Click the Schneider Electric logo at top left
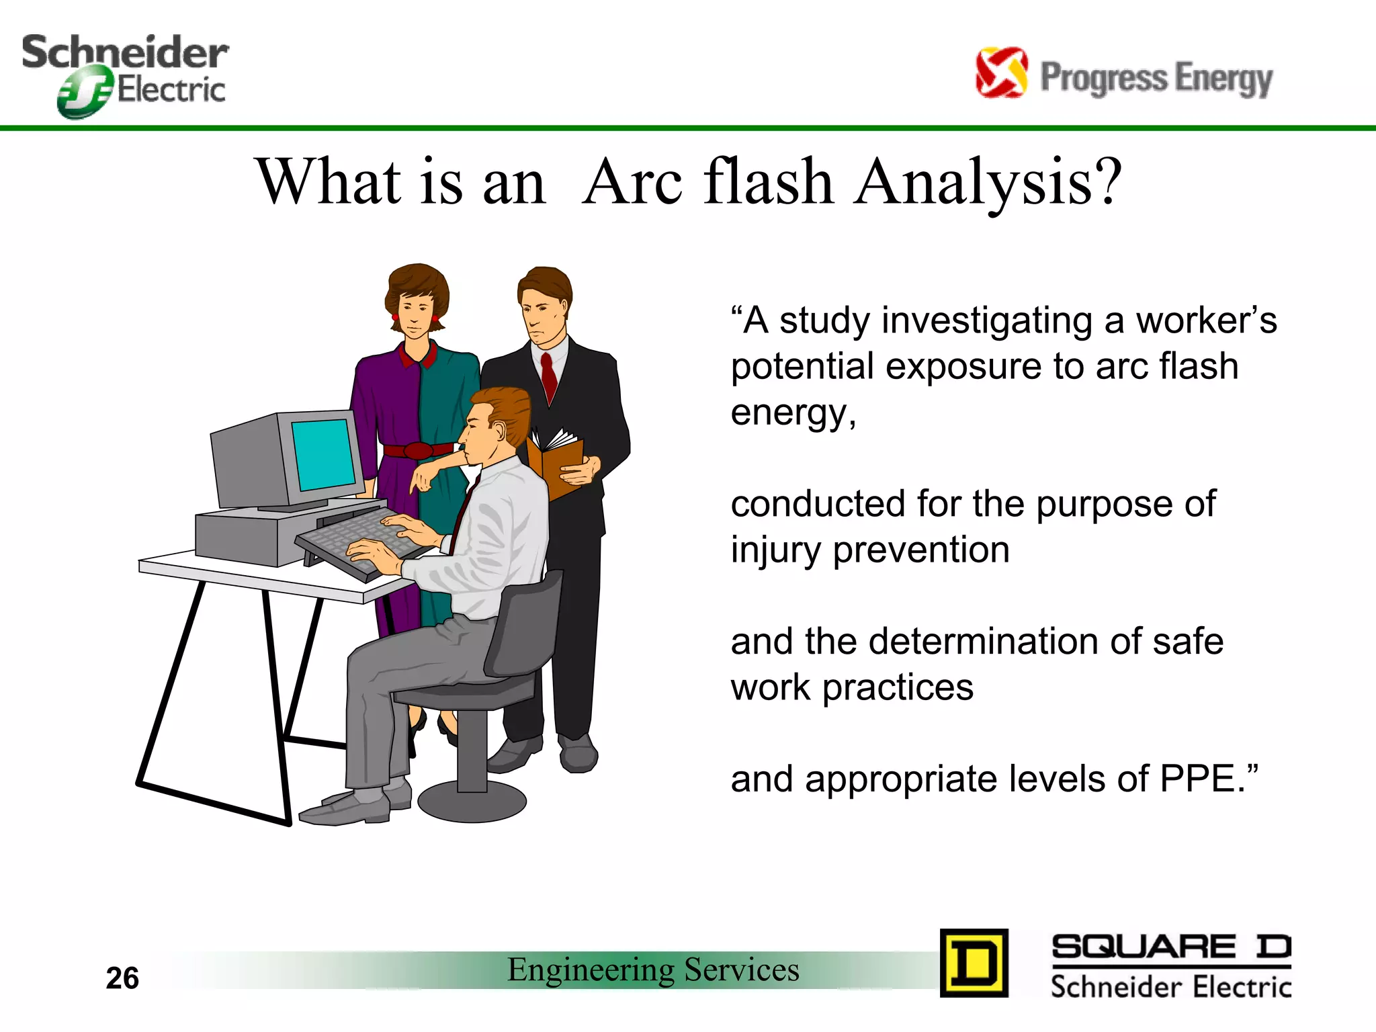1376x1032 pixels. tap(125, 74)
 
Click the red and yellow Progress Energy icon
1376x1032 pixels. tap(1000, 73)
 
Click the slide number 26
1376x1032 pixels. tap(122, 978)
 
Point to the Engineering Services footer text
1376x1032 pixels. tap(653, 970)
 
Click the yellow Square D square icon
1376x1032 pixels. tap(974, 963)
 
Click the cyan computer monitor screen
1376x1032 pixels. tap(324, 455)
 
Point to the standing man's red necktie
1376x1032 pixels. tap(549, 376)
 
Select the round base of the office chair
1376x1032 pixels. tap(472, 802)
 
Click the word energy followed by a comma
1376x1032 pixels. tap(793, 413)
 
